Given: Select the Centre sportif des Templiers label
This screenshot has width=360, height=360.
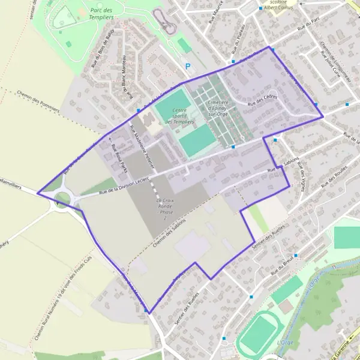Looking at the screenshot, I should coord(178,116).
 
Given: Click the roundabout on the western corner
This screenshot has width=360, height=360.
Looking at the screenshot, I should coord(62,197).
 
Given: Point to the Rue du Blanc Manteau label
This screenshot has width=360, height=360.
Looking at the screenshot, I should coord(127,79).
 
